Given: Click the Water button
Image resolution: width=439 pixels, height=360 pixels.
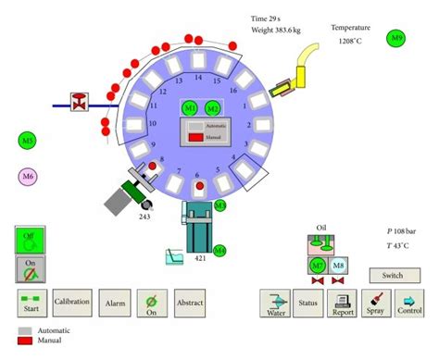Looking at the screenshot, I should (x=275, y=303).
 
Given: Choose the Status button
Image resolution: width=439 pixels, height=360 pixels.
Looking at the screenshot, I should (x=308, y=303).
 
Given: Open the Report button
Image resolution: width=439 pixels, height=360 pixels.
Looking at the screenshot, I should (x=342, y=303).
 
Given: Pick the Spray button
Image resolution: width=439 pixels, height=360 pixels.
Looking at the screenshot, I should (x=376, y=303).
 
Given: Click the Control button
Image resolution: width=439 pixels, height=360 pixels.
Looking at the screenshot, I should (x=408, y=303).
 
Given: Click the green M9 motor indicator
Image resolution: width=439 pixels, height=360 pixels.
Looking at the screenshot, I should (x=397, y=38).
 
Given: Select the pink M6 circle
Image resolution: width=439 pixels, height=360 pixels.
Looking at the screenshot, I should (x=28, y=176).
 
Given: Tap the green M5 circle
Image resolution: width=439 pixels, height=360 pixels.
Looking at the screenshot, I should (x=28, y=141).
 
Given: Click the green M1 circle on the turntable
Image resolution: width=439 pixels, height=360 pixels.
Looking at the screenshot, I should (x=190, y=107).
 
